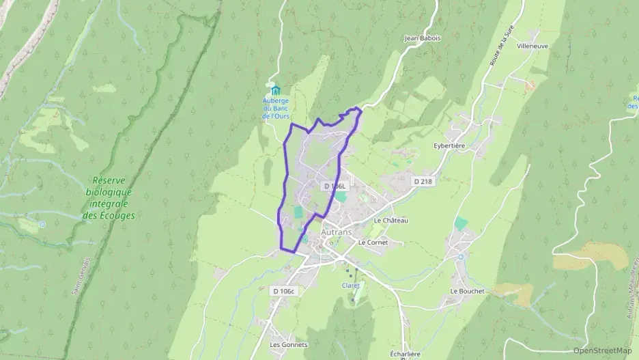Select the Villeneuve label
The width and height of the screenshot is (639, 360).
(532, 46)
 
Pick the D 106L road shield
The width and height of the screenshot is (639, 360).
(336, 186)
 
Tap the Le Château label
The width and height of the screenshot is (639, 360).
(390, 221)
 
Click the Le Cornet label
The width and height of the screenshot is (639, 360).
(372, 242)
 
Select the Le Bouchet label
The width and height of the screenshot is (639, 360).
(467, 290)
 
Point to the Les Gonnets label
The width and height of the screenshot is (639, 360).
(289, 344)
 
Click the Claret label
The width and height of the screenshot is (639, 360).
(350, 286)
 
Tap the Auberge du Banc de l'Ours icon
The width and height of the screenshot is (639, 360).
(276, 90)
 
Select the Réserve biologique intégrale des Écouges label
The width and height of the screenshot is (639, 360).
(109, 198)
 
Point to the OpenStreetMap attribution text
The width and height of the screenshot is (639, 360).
(602, 350)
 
